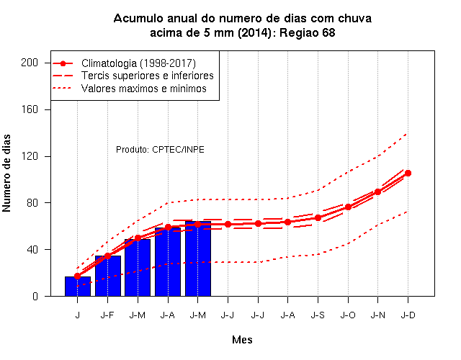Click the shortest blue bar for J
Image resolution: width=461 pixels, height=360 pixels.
[x=78, y=287]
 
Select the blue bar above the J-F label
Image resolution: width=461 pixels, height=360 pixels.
[x=108, y=276]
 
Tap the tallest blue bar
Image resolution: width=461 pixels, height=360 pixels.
[x=198, y=258]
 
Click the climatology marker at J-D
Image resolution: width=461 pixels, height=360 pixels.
[x=408, y=173]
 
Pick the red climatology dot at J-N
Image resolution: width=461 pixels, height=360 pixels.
[x=377, y=192]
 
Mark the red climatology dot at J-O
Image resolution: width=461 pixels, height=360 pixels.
[x=348, y=207]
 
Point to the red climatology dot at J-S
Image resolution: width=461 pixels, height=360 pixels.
[x=318, y=217]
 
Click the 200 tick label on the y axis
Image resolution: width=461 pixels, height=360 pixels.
[x=30, y=63]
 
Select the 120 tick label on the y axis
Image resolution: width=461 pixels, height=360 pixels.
[x=30, y=156]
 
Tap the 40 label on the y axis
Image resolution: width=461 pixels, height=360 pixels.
[x=32, y=250]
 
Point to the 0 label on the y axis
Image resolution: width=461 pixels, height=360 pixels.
[x=35, y=296]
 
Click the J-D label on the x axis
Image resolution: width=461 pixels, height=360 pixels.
[x=408, y=315]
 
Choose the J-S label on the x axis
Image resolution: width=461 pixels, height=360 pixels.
[x=318, y=315]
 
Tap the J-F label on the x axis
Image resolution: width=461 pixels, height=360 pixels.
[x=107, y=315]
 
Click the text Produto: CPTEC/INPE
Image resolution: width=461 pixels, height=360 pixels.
[x=160, y=150]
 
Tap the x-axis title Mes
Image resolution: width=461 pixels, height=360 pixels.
[x=242, y=340]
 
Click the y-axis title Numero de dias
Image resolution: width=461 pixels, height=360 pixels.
[x=6, y=173]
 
